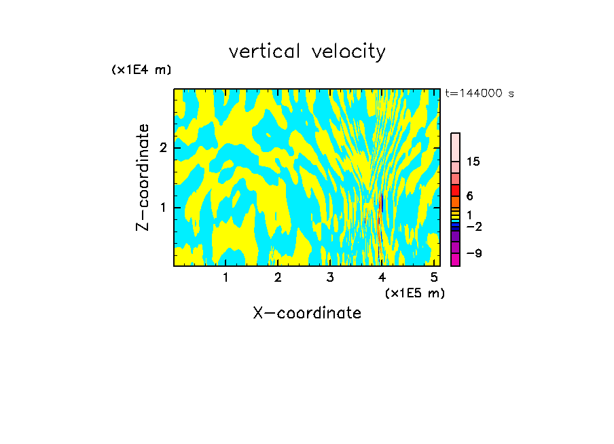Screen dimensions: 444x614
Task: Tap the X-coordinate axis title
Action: pyautogui.click(x=307, y=313)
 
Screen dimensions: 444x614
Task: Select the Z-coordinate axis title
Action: pyautogui.click(x=143, y=177)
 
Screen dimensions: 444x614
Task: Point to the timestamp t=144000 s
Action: pyautogui.click(x=479, y=93)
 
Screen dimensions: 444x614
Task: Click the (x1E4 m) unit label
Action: pyautogui.click(x=141, y=69)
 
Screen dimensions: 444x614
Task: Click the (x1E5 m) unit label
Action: pyautogui.click(x=414, y=293)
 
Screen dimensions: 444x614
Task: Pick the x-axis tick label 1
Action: pyautogui.click(x=225, y=278)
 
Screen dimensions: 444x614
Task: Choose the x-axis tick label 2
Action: pyautogui.click(x=278, y=278)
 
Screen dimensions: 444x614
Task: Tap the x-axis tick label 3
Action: pyautogui.click(x=330, y=278)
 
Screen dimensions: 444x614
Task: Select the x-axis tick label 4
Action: pyautogui.click(x=382, y=278)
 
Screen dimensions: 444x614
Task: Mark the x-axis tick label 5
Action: pyautogui.click(x=434, y=278)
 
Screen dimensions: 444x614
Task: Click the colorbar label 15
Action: pyautogui.click(x=473, y=162)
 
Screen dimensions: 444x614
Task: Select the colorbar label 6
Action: pyautogui.click(x=469, y=196)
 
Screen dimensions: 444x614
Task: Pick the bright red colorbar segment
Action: pyautogui.click(x=455, y=190)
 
